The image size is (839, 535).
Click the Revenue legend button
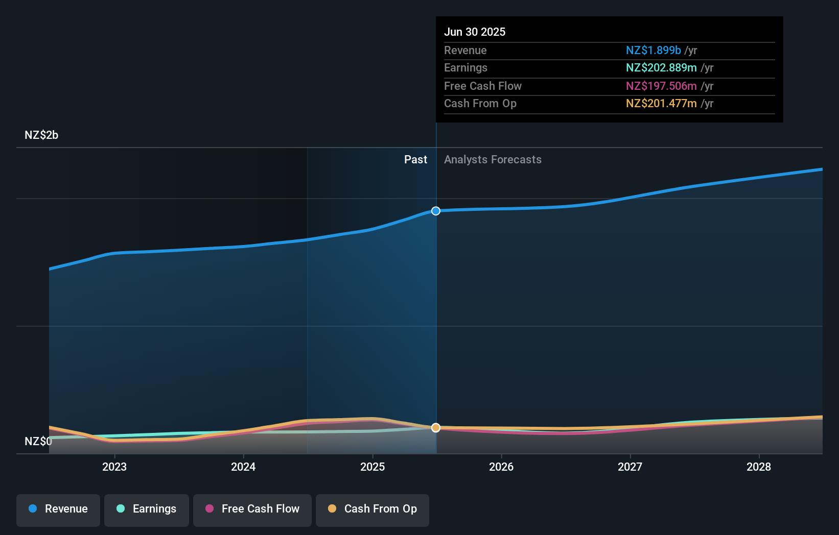[58, 509]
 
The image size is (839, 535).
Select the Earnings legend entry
[147, 509]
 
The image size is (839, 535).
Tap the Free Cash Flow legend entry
[252, 509]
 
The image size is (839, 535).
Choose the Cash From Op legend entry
[372, 509]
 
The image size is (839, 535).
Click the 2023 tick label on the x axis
[114, 467]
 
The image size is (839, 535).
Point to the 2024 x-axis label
[243, 467]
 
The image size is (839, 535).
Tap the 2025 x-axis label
[372, 467]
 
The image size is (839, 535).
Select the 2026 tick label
[501, 467]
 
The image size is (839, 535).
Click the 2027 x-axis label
[630, 467]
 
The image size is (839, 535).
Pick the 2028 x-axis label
[759, 467]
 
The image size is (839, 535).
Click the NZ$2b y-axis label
[41, 135]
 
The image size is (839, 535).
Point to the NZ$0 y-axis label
[38, 441]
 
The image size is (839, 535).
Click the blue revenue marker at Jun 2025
[436, 211]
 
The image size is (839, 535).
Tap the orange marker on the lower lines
[436, 428]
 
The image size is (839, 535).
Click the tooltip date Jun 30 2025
[475, 32]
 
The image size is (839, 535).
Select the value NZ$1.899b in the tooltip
[653, 50]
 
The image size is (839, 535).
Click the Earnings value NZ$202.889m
[661, 68]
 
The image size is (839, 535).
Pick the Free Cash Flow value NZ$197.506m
[661, 86]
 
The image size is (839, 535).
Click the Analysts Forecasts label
[493, 160]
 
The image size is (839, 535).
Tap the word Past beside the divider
[415, 160]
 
